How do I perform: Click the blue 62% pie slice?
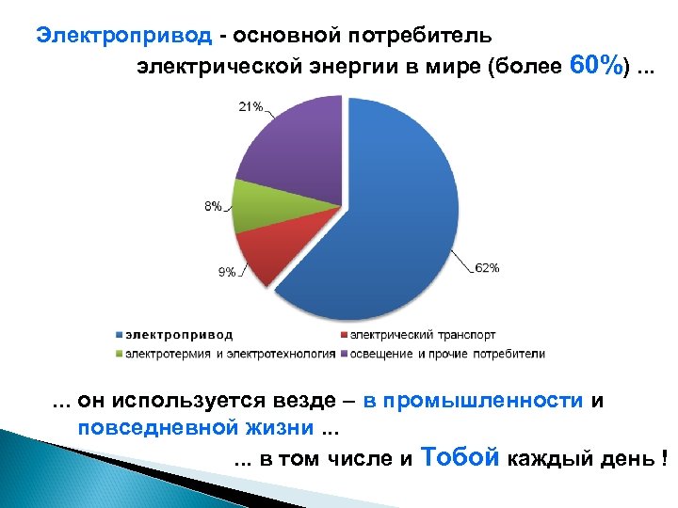(x=395, y=207)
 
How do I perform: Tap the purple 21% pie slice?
(x=292, y=151)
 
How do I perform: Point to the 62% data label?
(x=487, y=268)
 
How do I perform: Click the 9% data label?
(x=227, y=272)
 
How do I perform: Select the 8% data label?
(x=213, y=206)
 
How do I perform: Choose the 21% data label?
(x=250, y=106)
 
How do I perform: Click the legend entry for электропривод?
(x=179, y=335)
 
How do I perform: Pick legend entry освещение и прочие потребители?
(x=447, y=354)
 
